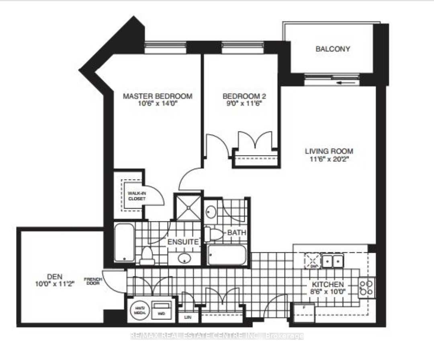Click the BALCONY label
[332, 49]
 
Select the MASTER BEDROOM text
[157, 96]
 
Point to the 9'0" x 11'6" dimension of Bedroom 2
[244, 104]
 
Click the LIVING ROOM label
[329, 151]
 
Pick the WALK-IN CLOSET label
[134, 195]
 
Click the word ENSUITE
[183, 242]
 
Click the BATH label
[237, 233]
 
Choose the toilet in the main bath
[213, 235]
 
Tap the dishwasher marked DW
[313, 261]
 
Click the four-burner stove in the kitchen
[366, 288]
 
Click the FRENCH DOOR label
[93, 281]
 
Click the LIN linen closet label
[187, 317]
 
